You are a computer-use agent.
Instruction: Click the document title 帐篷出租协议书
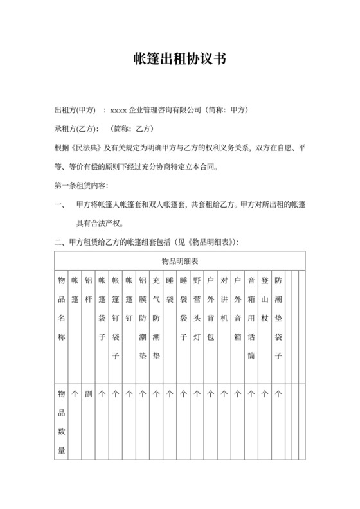pos(179,59)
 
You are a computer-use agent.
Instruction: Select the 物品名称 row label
pos(61,308)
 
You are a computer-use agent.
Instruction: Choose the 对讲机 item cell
pos(224,299)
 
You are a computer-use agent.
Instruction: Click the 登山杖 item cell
pos(264,299)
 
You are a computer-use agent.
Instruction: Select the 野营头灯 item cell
pos(197,308)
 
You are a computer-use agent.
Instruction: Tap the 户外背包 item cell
pos(210,308)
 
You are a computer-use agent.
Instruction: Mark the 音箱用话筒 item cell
pos(251,318)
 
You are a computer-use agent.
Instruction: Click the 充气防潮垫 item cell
pos(156,318)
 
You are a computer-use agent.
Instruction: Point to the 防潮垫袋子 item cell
pos(278,318)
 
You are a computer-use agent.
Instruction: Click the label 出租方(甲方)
pos(76,110)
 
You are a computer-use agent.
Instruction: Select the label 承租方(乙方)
pos(76,129)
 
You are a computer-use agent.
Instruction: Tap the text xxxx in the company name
pos(119,110)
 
